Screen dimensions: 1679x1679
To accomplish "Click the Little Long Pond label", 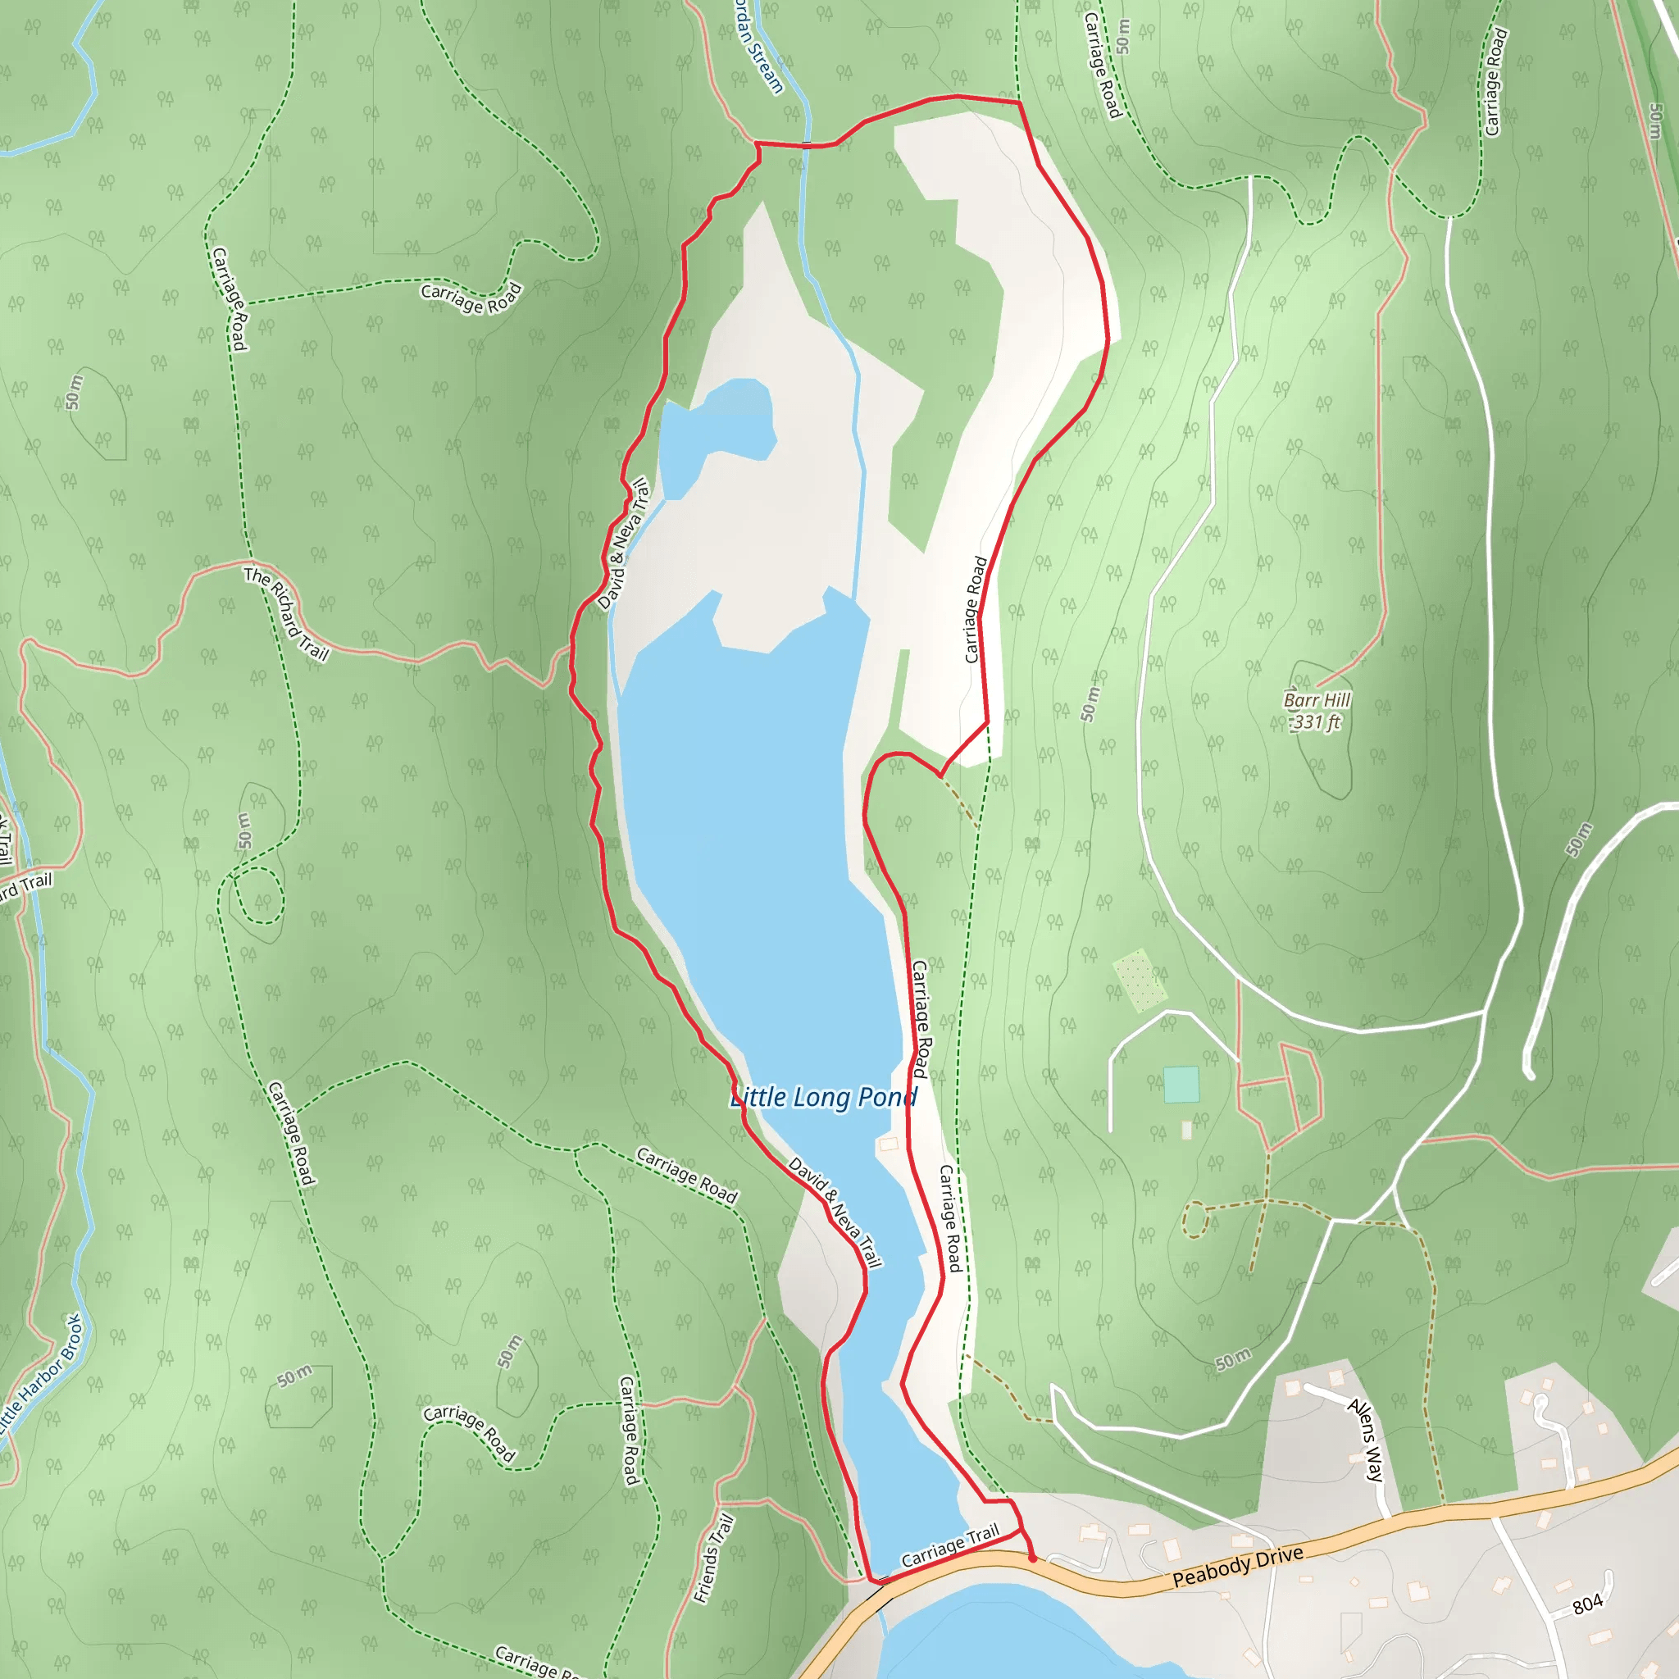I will point(823,1098).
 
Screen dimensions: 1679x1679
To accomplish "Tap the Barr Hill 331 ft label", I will point(1317,711).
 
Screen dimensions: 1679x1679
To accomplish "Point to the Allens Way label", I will point(1365,1439).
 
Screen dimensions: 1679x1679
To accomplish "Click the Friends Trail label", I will point(713,1558).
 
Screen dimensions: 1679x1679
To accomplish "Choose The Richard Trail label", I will point(286,613).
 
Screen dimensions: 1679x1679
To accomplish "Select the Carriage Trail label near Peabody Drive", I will point(950,1547).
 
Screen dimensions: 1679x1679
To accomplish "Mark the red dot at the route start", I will point(1031,1558).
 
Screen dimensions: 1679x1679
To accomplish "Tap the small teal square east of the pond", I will point(1181,1085).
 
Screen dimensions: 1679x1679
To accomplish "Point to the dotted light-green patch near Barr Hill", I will point(1140,981).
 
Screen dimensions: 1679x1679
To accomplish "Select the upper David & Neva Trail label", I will point(624,544).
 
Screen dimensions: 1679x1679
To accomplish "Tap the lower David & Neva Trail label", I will point(835,1212).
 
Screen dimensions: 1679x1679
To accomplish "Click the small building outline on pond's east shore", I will point(888,1144).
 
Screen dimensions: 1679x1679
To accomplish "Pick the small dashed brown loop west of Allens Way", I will point(1196,1218).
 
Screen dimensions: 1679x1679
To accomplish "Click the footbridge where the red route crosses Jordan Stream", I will point(807,144).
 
